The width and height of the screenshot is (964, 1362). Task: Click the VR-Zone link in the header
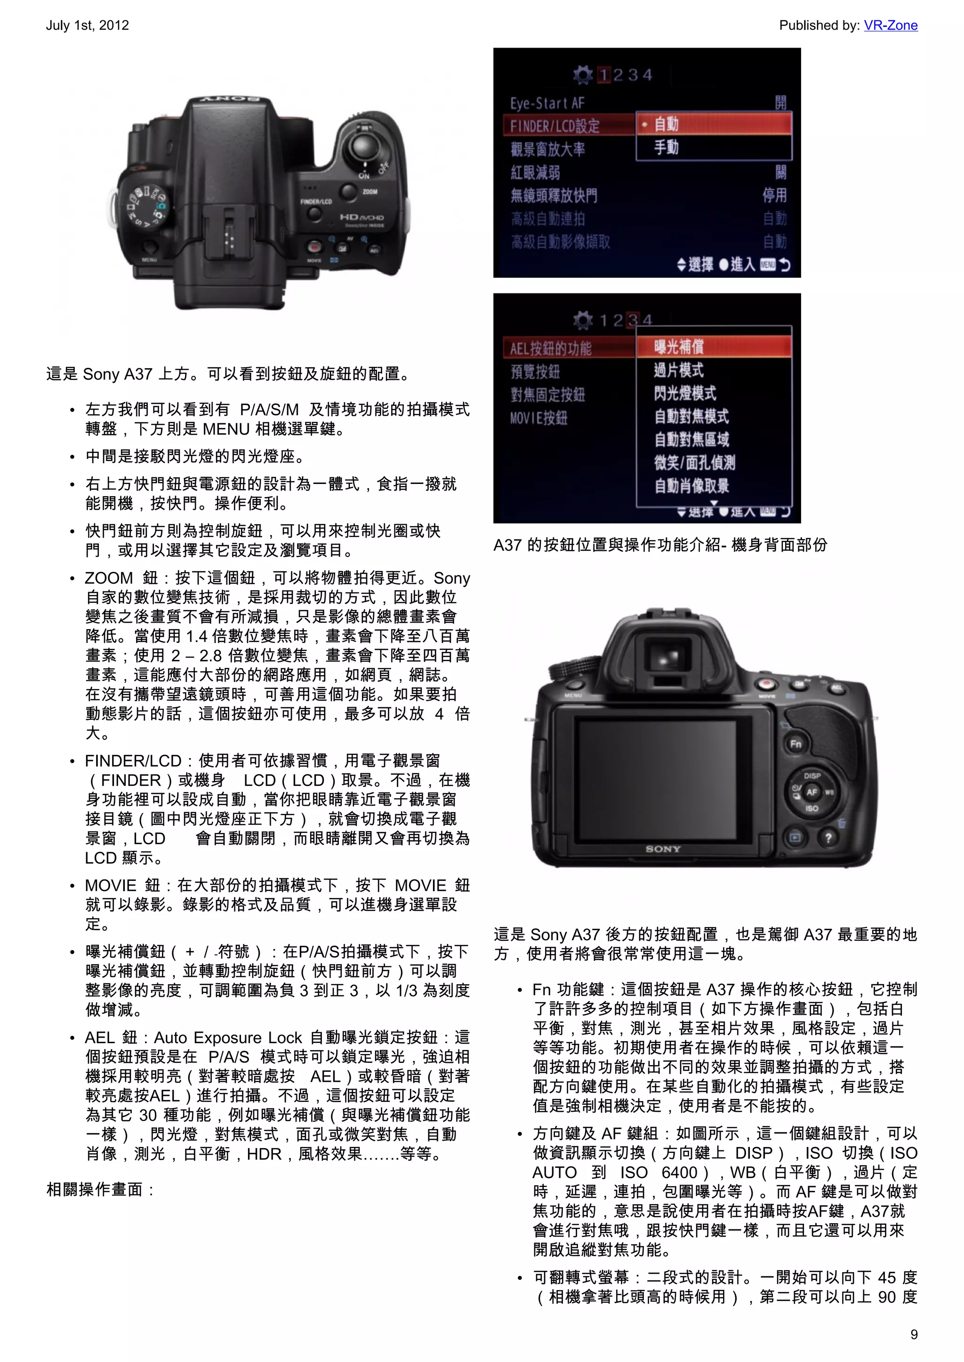891,25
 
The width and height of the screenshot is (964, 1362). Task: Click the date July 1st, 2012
87,25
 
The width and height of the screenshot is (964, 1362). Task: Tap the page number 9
914,1334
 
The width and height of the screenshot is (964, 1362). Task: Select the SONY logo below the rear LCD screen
663,849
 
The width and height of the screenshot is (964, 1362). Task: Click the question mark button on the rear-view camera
828,838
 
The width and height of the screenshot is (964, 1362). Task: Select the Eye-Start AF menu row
547,103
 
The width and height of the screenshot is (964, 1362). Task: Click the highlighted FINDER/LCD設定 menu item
555,126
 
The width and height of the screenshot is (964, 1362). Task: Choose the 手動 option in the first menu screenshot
666,147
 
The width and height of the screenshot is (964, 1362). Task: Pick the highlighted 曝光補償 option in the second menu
679,347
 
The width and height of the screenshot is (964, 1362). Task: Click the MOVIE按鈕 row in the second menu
538,418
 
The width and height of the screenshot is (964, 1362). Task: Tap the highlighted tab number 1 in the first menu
604,75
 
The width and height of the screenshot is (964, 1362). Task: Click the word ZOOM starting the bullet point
109,578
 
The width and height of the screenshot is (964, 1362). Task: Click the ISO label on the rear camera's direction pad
811,808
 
